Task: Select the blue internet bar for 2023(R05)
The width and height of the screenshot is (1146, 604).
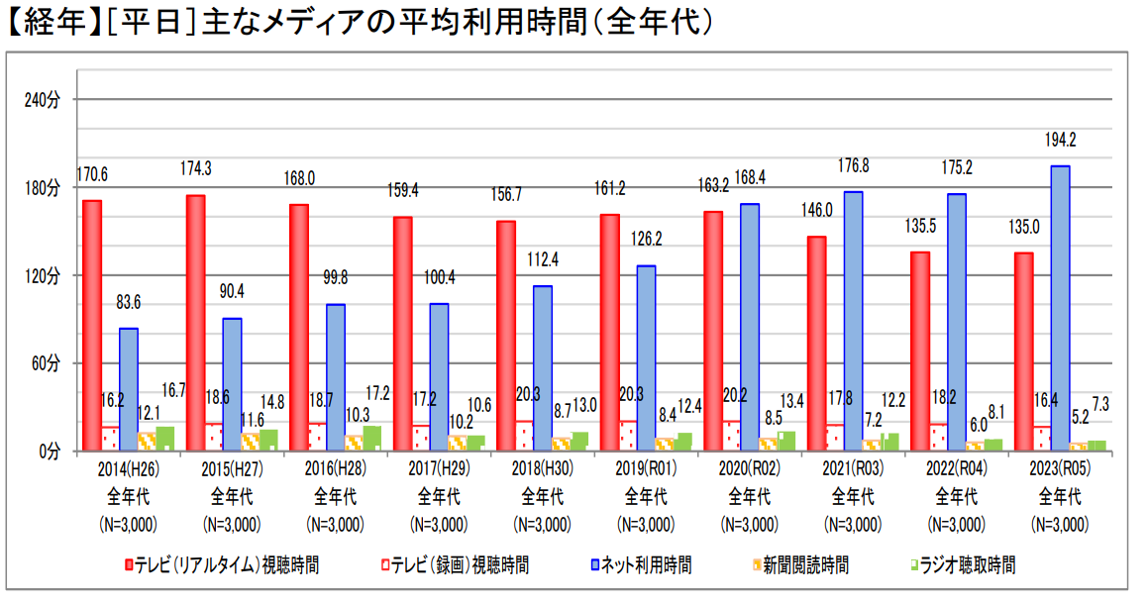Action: point(1060,308)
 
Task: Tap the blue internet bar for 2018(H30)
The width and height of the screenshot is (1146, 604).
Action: point(543,367)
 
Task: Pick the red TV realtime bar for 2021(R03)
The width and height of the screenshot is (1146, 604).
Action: point(815,343)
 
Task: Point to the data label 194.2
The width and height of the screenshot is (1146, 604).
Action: point(1060,140)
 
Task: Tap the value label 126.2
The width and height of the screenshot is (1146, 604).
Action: point(646,239)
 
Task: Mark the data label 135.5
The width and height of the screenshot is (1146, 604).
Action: point(920,226)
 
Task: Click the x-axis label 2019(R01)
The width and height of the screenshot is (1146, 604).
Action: point(646,469)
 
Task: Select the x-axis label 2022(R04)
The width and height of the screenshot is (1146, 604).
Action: point(956,469)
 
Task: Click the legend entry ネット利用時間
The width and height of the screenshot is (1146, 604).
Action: point(641,565)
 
